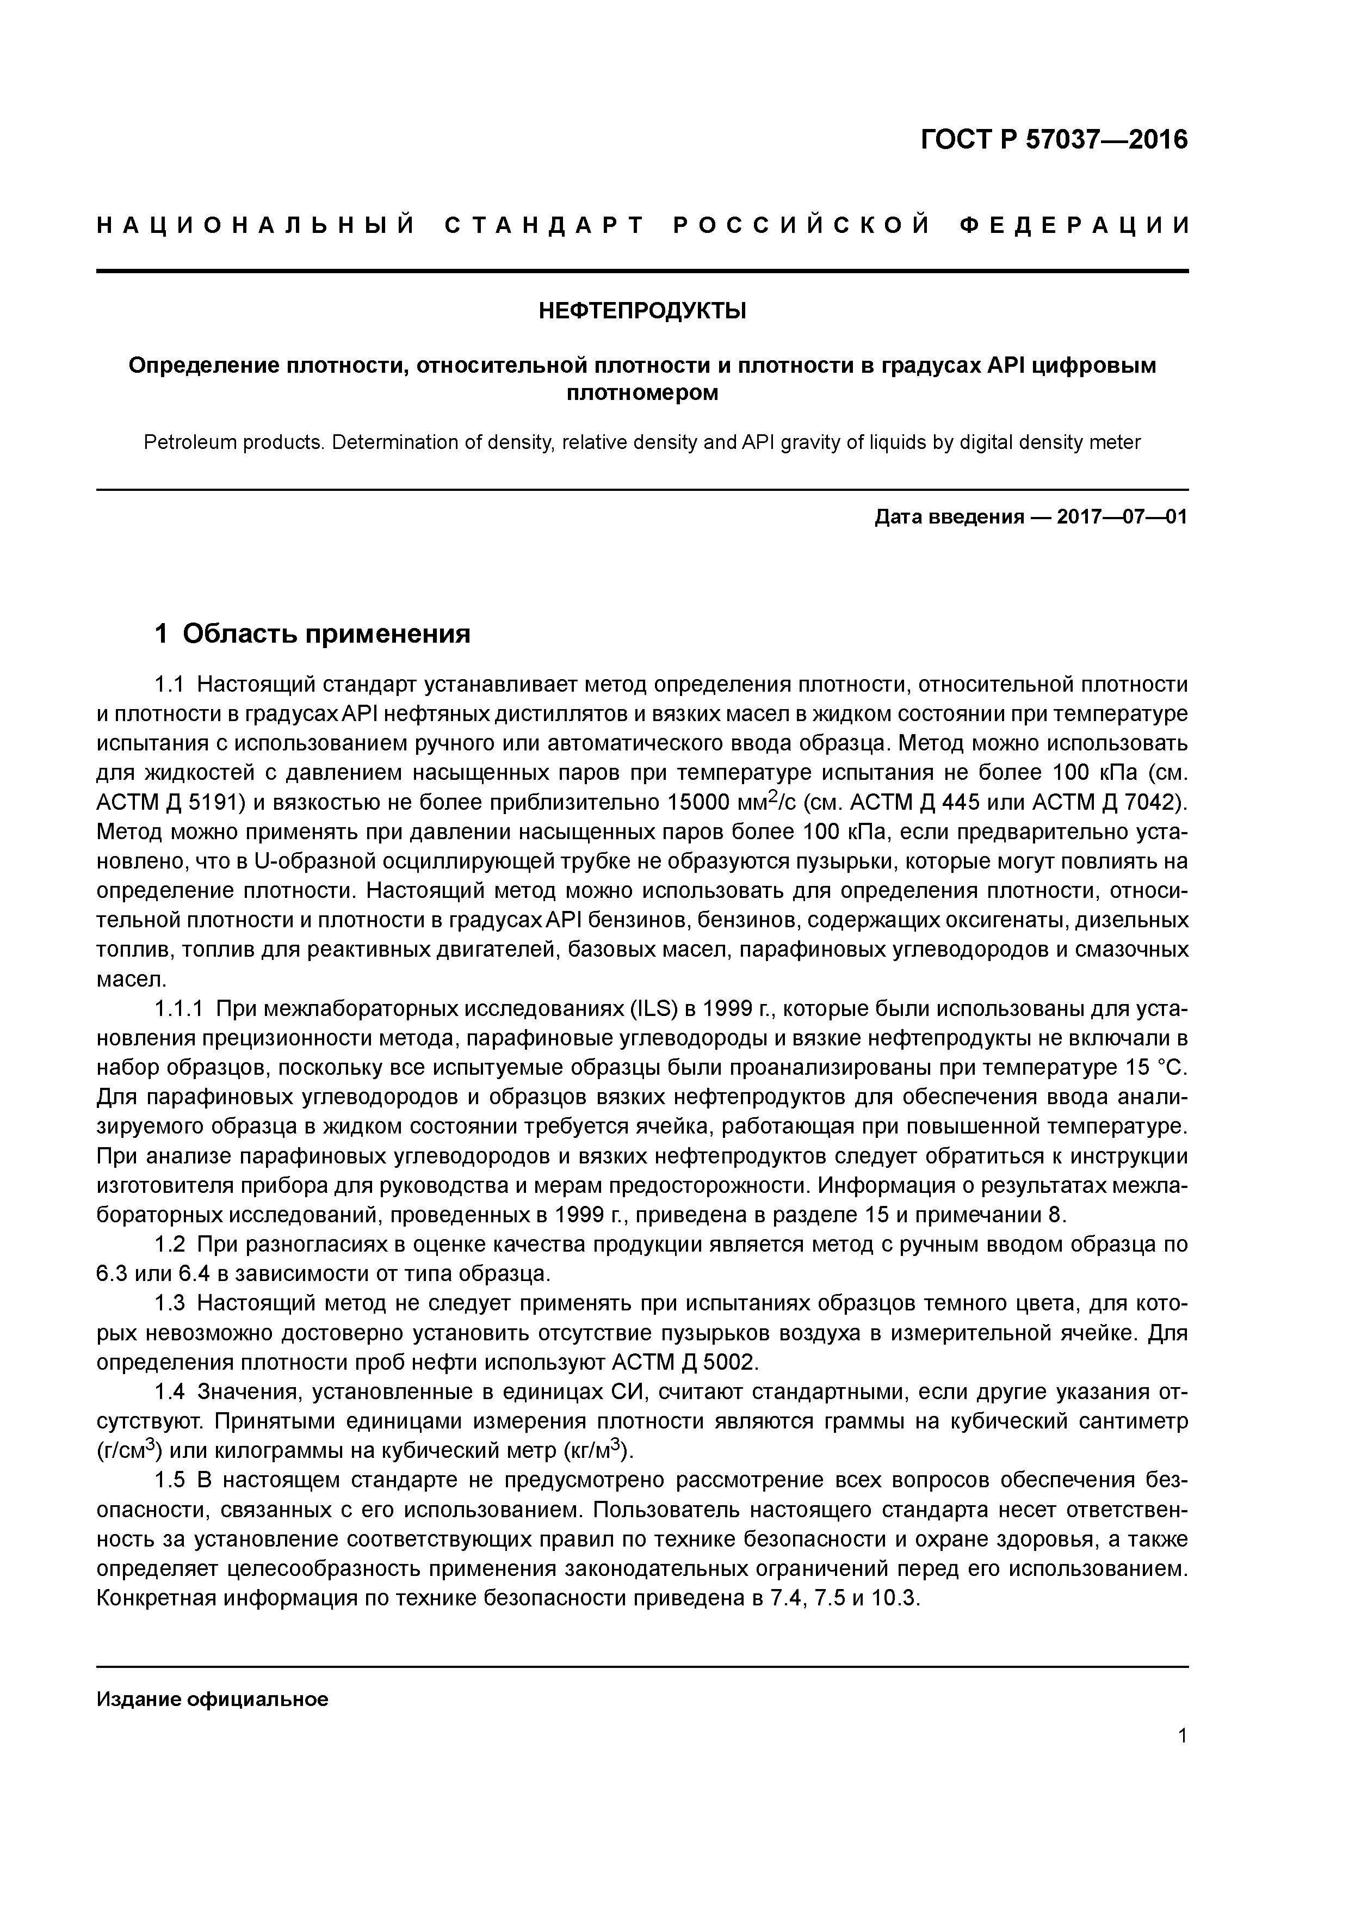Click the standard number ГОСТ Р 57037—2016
(1054, 140)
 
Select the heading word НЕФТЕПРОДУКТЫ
(642, 312)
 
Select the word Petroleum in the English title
(191, 442)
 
